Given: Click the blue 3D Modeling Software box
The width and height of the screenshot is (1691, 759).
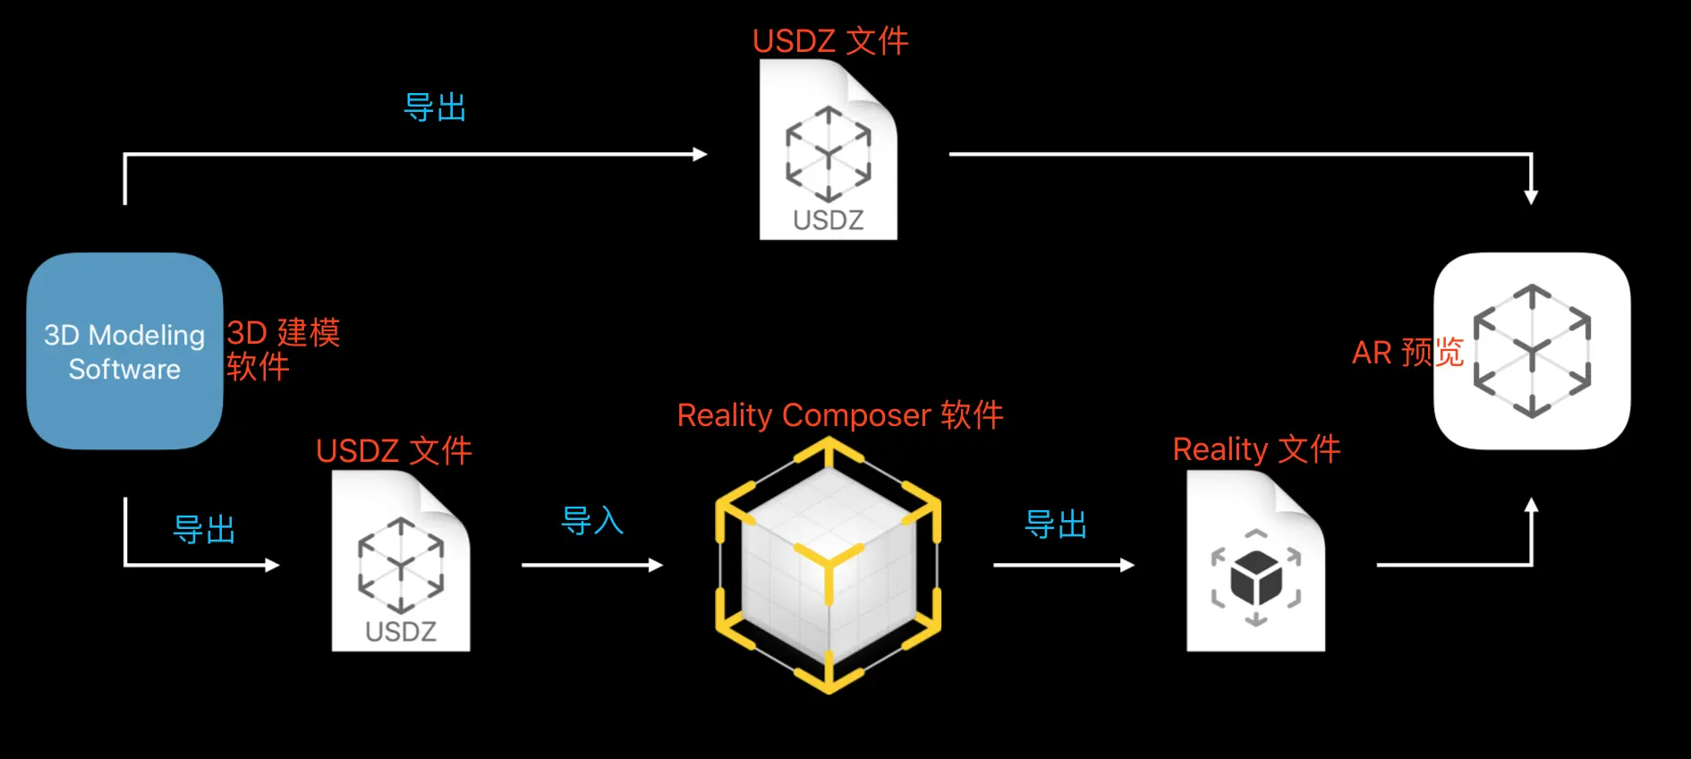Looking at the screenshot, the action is pos(124,351).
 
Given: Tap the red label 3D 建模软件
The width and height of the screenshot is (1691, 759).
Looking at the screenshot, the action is pos(283,349).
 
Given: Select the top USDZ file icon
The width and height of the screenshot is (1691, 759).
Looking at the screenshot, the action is pos(829,149).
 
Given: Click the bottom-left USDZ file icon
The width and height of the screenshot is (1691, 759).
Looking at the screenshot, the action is pos(401,561).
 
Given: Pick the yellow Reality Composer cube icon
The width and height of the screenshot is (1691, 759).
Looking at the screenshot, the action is pos(829,566).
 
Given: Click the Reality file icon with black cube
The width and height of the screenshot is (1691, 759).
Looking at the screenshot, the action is pos(1256,561).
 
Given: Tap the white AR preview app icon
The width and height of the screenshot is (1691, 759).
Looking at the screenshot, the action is pos(1532,351).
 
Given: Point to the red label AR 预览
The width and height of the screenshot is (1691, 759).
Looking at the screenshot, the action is pos(1407,352).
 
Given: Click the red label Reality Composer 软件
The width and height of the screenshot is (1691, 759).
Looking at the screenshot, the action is pos(840,415).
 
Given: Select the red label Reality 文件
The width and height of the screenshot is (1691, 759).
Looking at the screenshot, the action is pos(1256,449).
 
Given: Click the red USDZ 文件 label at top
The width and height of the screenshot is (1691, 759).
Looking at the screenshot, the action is pos(830,41).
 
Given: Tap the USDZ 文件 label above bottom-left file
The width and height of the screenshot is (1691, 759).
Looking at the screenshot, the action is pos(394,451).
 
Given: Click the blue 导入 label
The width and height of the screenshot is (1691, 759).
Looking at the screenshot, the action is pos(592,520).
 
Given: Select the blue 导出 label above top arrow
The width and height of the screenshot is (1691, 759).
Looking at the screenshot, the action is pos(436,107).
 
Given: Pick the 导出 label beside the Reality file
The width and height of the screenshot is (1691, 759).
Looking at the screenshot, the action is pos(1056,524).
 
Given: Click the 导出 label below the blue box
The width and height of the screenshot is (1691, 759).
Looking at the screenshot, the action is pos(204,529).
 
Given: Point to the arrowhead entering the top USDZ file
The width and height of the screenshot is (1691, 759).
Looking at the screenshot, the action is pos(701,154).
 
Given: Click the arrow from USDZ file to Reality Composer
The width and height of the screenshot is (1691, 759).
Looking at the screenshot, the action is pos(592,565).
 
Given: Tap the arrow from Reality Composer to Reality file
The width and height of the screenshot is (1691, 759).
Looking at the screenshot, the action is pos(1064,565).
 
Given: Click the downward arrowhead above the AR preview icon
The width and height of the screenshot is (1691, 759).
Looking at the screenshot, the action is pos(1531,197).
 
